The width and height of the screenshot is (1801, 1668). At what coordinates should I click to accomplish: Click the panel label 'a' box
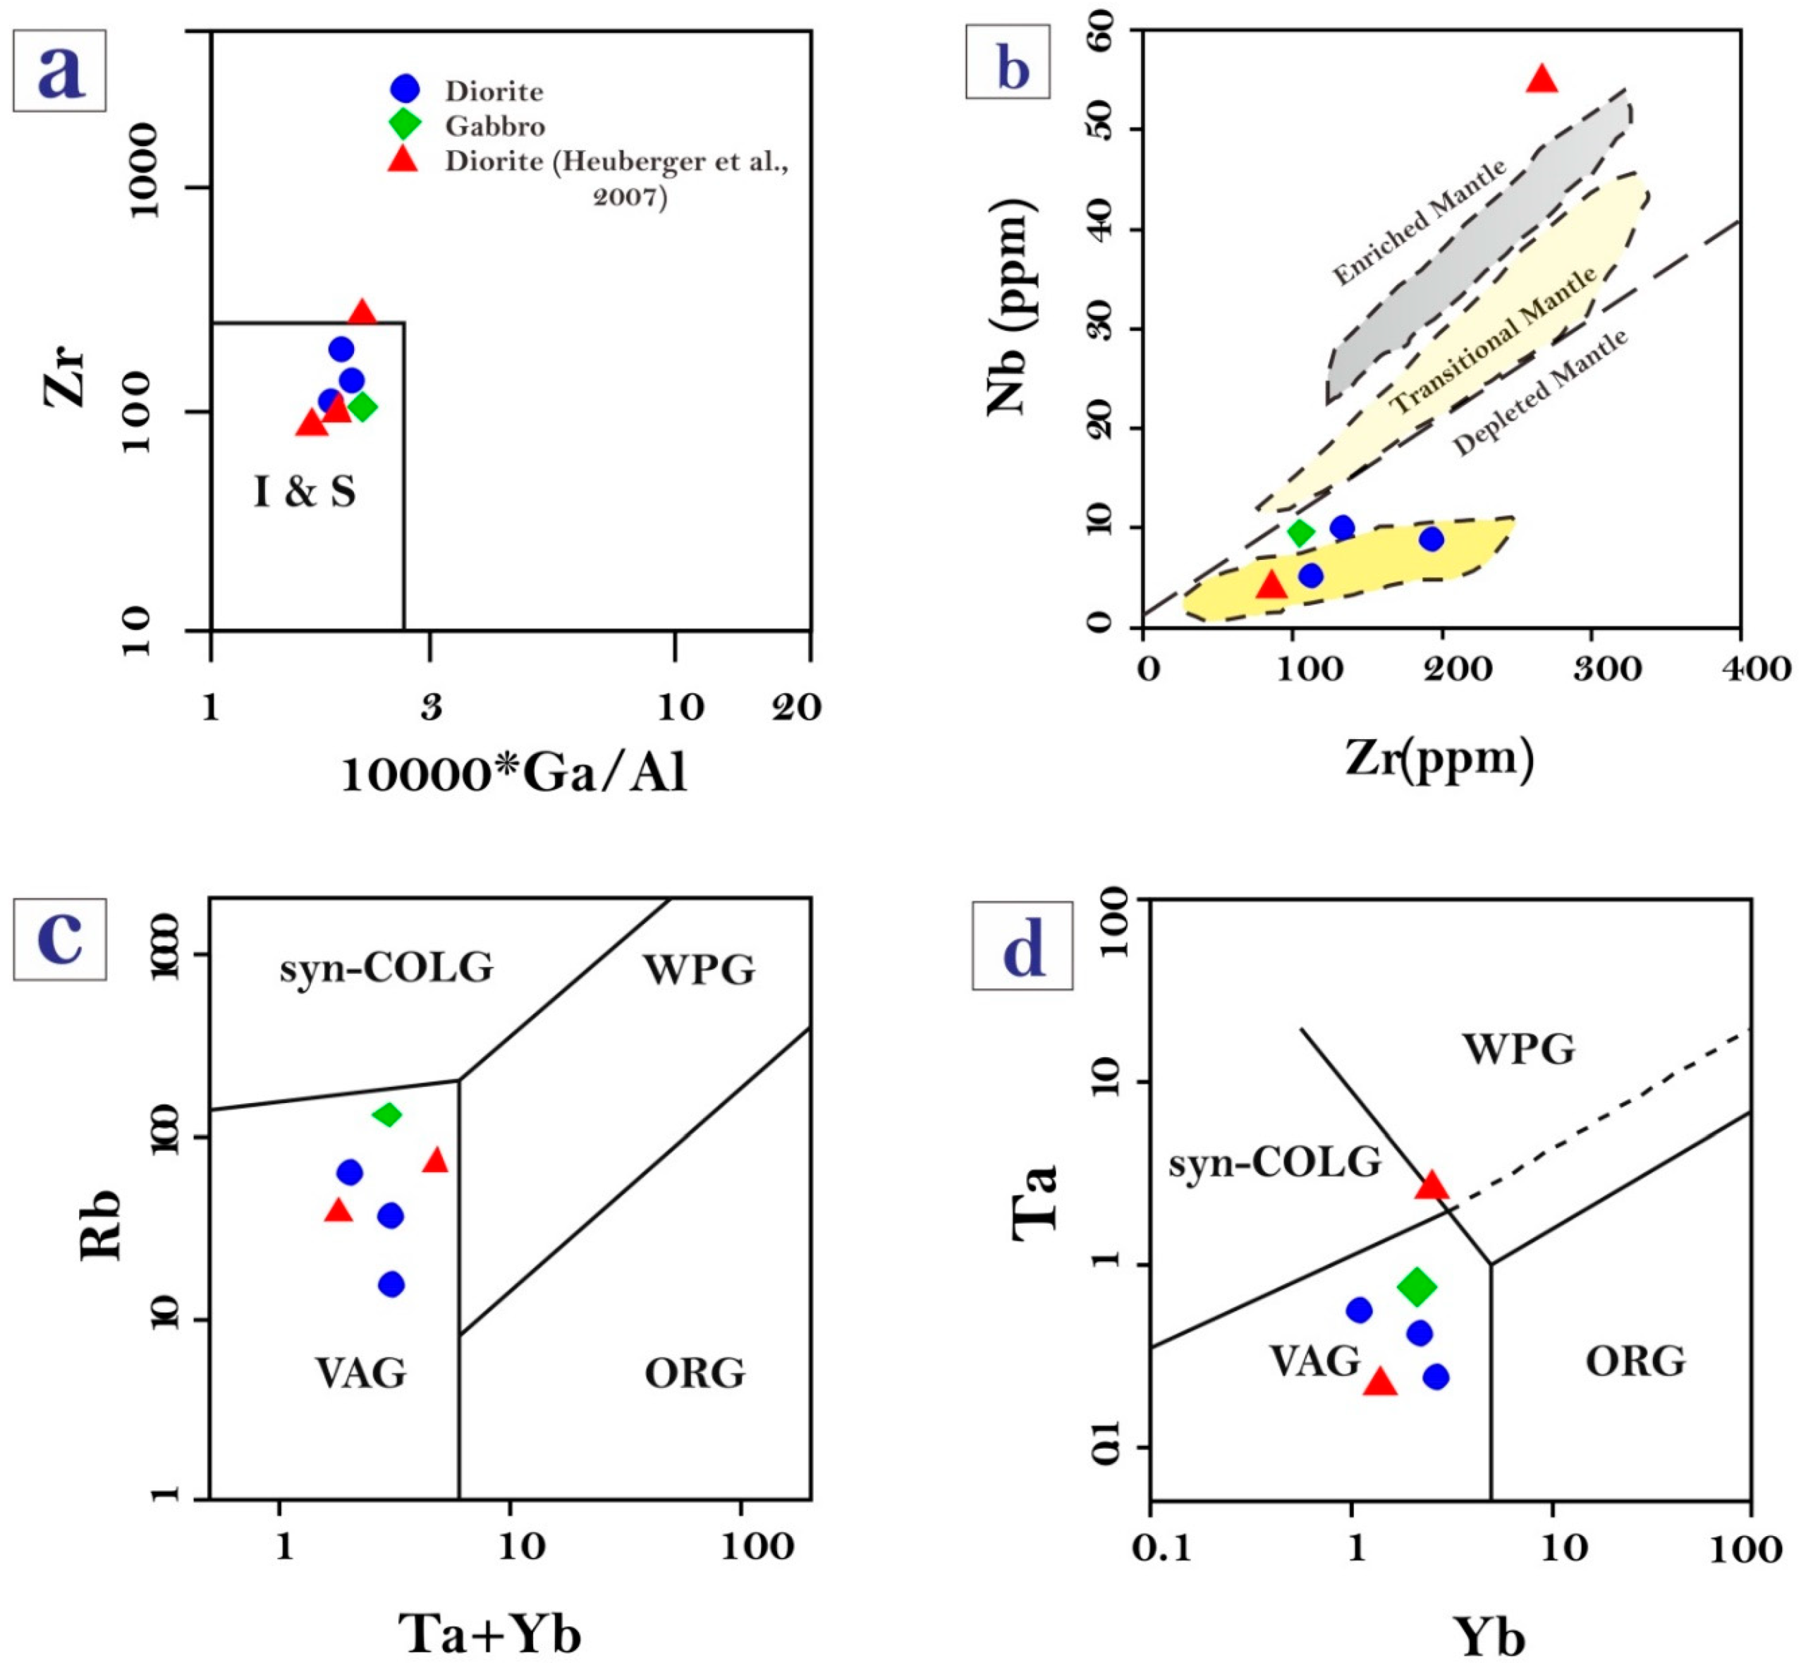pos(59,71)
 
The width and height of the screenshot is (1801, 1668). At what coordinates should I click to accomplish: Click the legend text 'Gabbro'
pos(494,126)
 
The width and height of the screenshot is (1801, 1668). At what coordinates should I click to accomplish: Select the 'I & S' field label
pos(304,492)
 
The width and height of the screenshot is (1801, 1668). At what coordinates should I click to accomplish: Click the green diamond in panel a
pos(362,407)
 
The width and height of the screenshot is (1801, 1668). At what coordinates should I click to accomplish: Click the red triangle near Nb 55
pos(1542,80)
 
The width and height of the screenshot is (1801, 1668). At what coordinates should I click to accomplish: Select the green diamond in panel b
pos(1300,532)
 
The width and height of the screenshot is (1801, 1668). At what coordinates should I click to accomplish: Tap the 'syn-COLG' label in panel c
pos(386,968)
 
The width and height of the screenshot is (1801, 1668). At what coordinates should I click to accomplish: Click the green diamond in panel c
pos(387,1115)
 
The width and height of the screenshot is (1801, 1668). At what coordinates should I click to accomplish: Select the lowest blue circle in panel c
pos(391,1284)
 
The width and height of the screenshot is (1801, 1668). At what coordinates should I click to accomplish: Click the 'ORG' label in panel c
pos(695,1373)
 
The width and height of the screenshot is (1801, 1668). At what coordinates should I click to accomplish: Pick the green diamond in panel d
pos(1417,1286)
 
